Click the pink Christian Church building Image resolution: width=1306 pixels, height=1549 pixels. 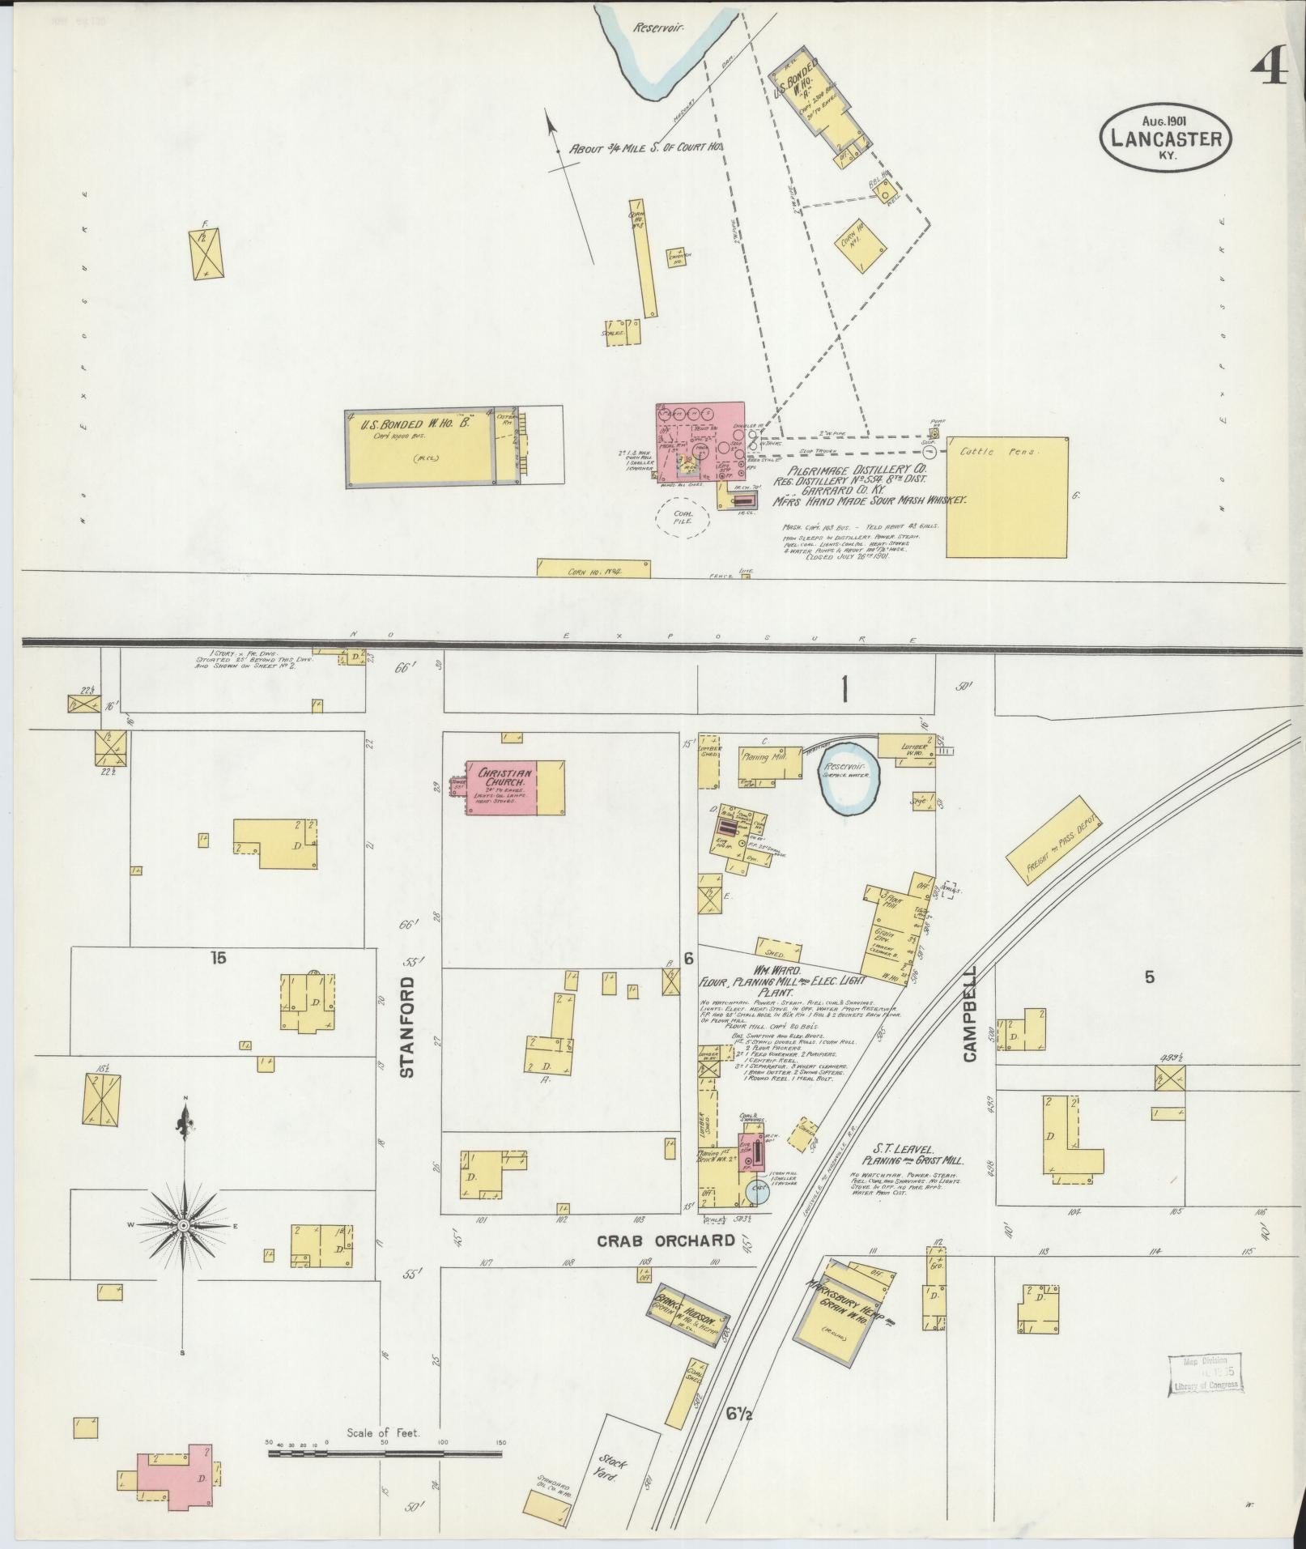pyautogui.click(x=502, y=787)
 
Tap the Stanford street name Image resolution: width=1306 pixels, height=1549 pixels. pyautogui.click(x=408, y=1027)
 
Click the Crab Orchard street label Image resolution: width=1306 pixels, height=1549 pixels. pyautogui.click(x=666, y=1262)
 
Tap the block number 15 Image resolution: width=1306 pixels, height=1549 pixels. pyautogui.click(x=218, y=958)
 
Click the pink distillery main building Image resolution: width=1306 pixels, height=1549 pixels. pyautogui.click(x=700, y=441)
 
